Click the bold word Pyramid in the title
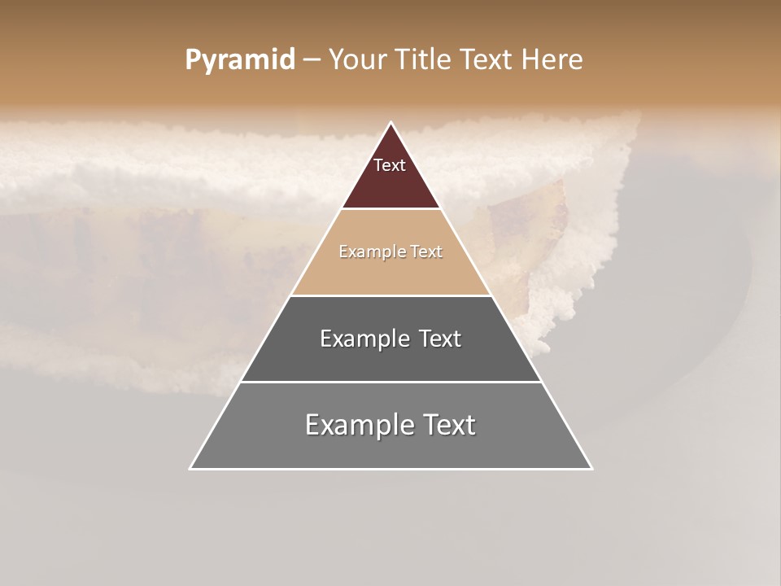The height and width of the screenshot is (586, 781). point(240,59)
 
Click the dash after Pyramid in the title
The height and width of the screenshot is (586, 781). point(311,60)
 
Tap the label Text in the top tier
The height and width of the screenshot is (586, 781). point(390,165)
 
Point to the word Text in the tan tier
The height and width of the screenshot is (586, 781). point(427,251)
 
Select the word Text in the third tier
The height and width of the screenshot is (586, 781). point(439,339)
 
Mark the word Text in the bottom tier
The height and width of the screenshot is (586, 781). point(449,425)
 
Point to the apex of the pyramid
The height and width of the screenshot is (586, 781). point(391,123)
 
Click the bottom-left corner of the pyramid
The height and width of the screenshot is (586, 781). point(190,468)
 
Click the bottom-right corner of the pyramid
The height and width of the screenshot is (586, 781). point(591,468)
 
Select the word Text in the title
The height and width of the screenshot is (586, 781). point(486,59)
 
